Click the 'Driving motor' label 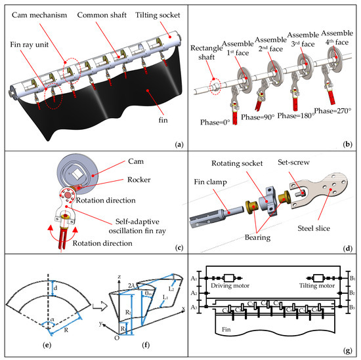232,284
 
